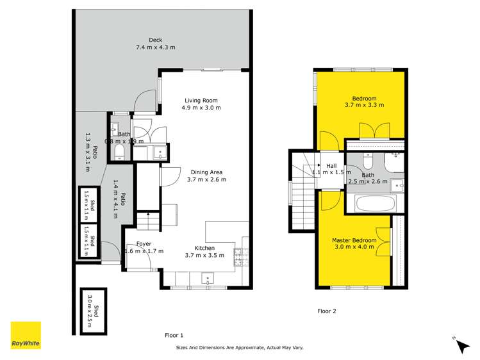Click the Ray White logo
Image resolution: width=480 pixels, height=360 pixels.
tap(26, 336)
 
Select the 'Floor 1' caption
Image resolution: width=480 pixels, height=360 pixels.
tap(174, 335)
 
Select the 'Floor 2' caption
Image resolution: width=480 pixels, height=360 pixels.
tap(327, 311)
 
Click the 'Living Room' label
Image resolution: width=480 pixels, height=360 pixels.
tap(202, 100)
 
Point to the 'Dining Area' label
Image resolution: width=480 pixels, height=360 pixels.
tap(206, 171)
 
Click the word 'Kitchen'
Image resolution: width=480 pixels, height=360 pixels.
tap(204, 248)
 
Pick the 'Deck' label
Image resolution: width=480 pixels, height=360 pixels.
tap(155, 40)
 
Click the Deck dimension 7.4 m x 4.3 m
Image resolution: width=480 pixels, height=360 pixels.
tap(155, 47)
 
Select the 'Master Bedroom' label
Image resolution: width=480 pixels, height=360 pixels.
tap(354, 240)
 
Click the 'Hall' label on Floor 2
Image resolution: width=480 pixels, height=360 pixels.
tap(331, 166)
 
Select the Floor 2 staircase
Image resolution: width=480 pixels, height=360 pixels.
tap(301, 192)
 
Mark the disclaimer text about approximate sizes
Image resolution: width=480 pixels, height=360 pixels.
tap(240, 348)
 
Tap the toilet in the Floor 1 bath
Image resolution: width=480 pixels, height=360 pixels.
tap(119, 151)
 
